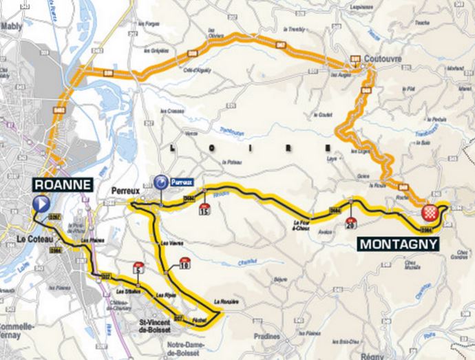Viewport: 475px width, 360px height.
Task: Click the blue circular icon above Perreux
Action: point(160,182)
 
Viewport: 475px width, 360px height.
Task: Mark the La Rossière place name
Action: point(225,301)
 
